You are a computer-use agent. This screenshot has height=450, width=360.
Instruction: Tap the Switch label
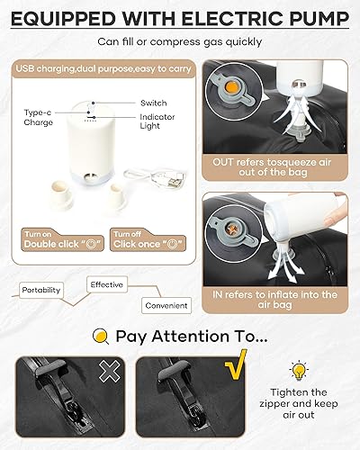pyautogui.click(x=152, y=103)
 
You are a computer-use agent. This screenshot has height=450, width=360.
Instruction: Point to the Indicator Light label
pyautogui.click(x=159, y=124)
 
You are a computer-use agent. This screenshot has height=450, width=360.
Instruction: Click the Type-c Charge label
pyautogui.click(x=37, y=118)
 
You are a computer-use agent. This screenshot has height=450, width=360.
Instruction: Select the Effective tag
pyautogui.click(x=107, y=283)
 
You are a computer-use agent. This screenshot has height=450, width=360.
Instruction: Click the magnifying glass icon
pyautogui.click(x=101, y=337)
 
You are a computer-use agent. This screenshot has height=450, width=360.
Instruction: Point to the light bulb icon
pyautogui.click(x=298, y=371)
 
